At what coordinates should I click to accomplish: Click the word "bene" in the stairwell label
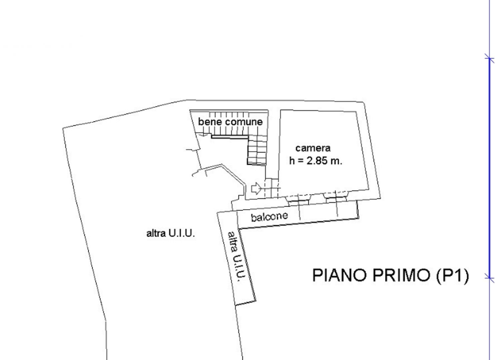click(x=210, y=121)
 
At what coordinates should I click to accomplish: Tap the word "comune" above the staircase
click(x=244, y=122)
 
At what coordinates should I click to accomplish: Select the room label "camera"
click(x=313, y=148)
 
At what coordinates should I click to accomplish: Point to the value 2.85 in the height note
click(x=319, y=161)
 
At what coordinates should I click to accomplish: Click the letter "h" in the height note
click(x=292, y=161)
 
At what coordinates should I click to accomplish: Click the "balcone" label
click(x=269, y=217)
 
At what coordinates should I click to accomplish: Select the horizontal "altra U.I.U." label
click(x=170, y=234)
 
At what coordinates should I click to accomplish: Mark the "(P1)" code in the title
click(x=452, y=275)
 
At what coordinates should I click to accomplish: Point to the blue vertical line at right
click(x=489, y=167)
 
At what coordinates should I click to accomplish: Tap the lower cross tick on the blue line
click(x=489, y=276)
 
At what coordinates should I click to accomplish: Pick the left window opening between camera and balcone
click(x=299, y=199)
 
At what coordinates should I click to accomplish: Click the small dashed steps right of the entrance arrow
click(x=272, y=188)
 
